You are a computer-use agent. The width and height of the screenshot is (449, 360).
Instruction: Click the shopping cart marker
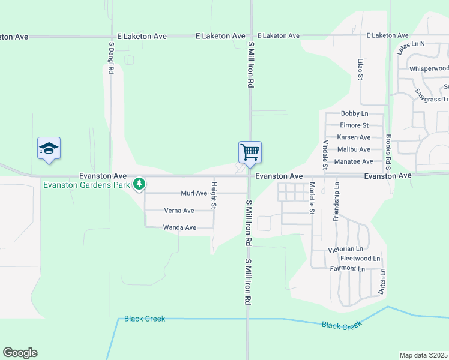coord(250,151)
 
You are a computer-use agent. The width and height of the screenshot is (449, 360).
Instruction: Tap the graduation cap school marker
coord(49,148)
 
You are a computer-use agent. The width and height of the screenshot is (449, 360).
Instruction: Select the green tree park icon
coord(139,183)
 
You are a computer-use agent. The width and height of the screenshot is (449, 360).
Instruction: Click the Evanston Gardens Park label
coord(86,185)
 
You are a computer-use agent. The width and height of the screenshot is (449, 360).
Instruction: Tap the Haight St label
coord(213,195)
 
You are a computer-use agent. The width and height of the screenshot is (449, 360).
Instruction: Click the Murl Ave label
coord(194,193)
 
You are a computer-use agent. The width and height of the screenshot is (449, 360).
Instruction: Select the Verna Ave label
coord(179,211)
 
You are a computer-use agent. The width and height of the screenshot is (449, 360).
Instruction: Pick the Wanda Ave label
coord(179,227)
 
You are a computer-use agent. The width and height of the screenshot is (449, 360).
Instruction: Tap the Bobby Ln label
coord(354,113)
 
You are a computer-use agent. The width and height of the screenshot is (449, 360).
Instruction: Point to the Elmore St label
coord(354,125)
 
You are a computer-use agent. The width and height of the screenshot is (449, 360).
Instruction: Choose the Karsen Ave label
coord(354,137)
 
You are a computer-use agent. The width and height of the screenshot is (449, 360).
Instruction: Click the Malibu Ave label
coord(354,149)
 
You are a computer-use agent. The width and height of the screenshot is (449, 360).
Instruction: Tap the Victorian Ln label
coord(346,249)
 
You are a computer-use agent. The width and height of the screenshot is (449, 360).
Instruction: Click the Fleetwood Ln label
coord(360,259)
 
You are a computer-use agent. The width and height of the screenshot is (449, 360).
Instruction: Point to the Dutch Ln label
coord(382,281)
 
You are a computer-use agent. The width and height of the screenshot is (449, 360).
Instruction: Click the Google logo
coord(20,353)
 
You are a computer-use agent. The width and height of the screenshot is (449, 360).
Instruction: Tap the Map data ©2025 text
coord(423,355)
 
